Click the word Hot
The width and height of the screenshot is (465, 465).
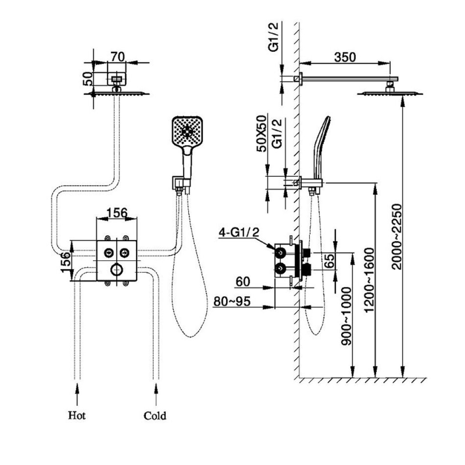click(77, 416)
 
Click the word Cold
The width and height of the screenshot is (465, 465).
click(155, 416)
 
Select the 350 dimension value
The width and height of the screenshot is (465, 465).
click(345, 56)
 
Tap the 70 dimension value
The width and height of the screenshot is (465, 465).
click(116, 56)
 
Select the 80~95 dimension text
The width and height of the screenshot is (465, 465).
click(232, 301)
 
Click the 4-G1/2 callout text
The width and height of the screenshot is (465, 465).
click(239, 232)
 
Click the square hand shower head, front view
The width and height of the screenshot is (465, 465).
click(186, 131)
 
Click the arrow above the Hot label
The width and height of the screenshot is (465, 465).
click(77, 392)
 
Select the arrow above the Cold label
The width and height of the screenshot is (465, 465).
click(156, 392)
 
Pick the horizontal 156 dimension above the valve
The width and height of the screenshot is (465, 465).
click(117, 213)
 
